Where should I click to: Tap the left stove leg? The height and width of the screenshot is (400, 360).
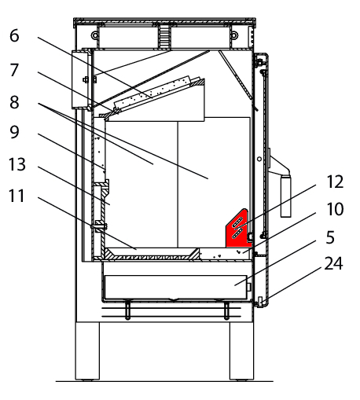pyautogui.click(x=87, y=350)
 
